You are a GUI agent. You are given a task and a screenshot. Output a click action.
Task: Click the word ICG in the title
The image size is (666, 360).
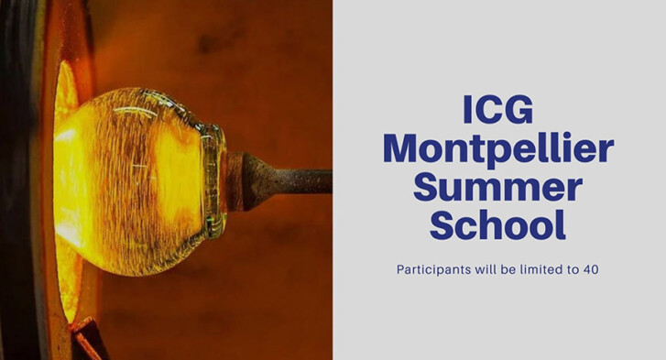pyautogui.click(x=497, y=110)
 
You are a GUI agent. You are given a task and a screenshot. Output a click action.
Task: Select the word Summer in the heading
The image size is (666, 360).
pyautogui.click(x=497, y=188)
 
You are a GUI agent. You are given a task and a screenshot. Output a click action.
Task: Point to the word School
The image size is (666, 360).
pyautogui.click(x=497, y=225)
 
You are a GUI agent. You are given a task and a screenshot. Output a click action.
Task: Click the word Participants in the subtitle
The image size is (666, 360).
pyautogui.click(x=433, y=270)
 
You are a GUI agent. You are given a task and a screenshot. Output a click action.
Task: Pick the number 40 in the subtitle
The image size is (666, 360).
pyautogui.click(x=591, y=269)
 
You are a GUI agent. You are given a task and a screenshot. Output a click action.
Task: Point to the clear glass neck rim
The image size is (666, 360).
pyautogui.click(x=215, y=180)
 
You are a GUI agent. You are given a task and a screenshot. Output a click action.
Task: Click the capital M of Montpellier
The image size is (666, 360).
pyautogui.click(x=402, y=148)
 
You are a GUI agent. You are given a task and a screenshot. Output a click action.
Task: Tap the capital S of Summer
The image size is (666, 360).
pyautogui.click(x=425, y=188)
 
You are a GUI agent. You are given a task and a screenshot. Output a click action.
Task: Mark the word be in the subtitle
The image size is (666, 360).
pyautogui.click(x=508, y=269)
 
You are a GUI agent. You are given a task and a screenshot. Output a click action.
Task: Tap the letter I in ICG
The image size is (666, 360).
pyautogui.click(x=467, y=110)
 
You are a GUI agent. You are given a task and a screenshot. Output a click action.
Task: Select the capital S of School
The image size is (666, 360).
pyautogui.click(x=442, y=224)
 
